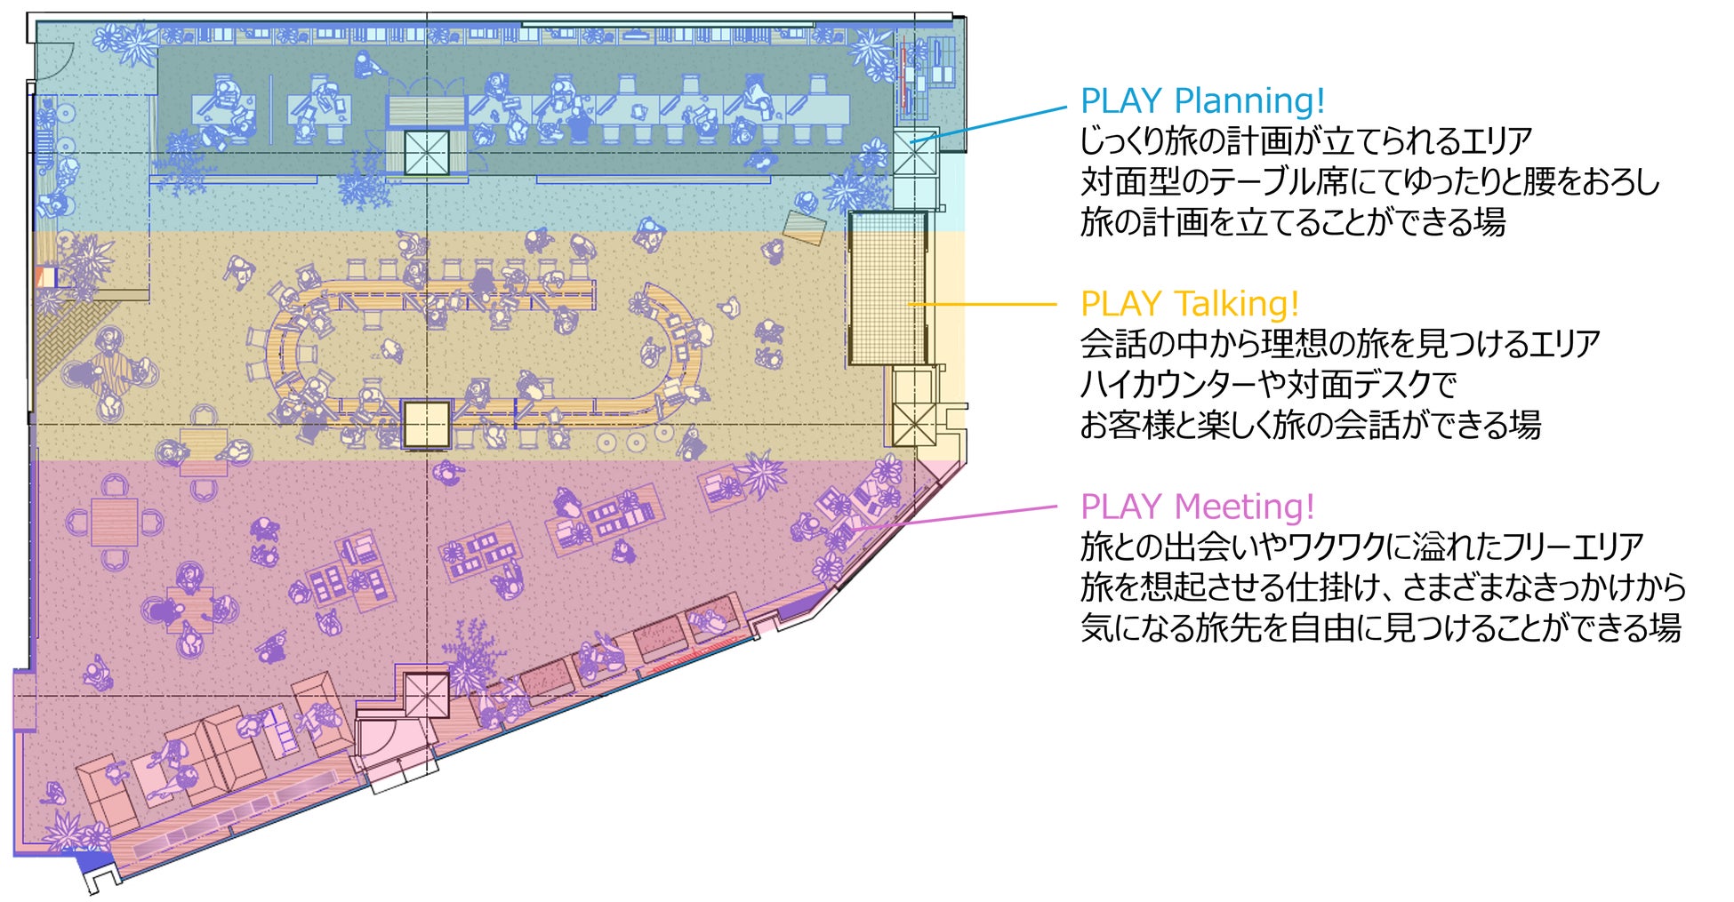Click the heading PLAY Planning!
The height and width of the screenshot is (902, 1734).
pos(1202,100)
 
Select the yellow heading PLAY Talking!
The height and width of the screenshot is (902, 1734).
pos(1189,304)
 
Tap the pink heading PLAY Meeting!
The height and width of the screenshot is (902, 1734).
pos(1197,507)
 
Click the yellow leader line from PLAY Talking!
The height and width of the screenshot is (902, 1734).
pos(983,304)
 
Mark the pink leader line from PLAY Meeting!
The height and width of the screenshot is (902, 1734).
pos(956,517)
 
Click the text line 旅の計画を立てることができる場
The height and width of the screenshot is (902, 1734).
pos(1292,222)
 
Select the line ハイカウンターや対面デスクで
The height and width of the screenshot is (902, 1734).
pos(1268,384)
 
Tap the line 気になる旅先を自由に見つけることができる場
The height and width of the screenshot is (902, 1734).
pos(1380,627)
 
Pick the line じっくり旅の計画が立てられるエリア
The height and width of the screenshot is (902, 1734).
pos(1306,141)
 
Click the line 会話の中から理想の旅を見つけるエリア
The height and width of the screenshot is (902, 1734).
pos(1340,344)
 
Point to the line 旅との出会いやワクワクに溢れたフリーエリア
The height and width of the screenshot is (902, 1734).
pos(1361,547)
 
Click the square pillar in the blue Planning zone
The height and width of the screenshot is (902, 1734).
pos(427,153)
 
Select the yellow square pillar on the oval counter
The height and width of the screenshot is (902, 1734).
pos(426,424)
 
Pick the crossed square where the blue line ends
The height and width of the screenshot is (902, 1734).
pos(915,153)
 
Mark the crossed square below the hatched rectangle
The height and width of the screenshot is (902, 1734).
pos(914,424)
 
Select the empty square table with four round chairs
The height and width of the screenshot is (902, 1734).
pos(115,521)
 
